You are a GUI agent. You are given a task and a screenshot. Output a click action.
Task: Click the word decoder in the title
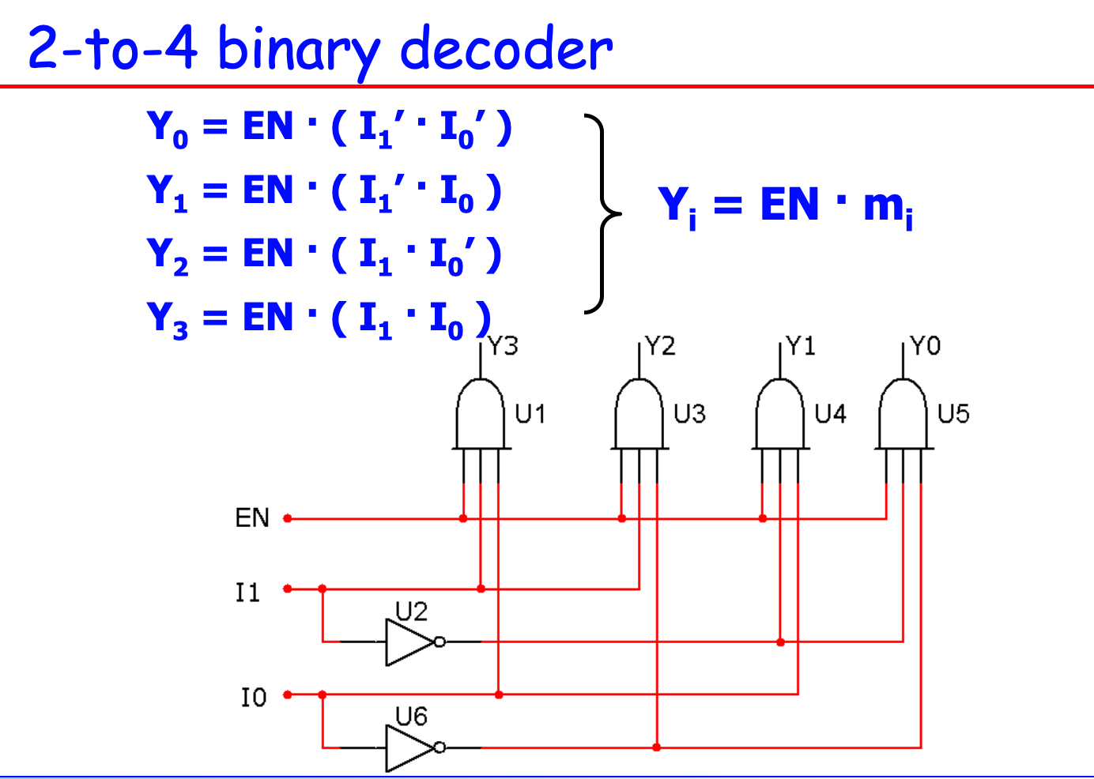click(506, 49)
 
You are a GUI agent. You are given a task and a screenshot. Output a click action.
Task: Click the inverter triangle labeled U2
click(407, 642)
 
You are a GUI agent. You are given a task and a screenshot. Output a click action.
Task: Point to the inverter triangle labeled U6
click(407, 747)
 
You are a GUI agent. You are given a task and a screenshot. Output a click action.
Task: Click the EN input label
click(252, 518)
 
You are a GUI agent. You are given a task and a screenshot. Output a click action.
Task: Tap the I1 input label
click(247, 592)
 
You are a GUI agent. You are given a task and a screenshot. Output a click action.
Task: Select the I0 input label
click(254, 697)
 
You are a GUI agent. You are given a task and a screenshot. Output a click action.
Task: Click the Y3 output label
click(503, 346)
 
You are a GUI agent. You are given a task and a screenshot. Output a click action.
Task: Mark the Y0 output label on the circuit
click(925, 346)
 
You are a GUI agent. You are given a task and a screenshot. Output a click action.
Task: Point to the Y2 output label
click(660, 346)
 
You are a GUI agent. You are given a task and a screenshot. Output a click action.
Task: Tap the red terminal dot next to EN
click(288, 518)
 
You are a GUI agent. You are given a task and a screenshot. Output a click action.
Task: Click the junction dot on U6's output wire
click(657, 747)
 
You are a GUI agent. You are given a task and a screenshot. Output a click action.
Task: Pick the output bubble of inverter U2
click(440, 642)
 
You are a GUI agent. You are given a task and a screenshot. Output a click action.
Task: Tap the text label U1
click(530, 413)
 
